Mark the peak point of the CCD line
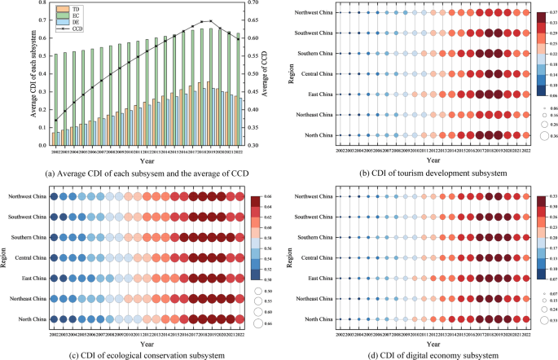211,21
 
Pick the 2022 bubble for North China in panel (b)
525,135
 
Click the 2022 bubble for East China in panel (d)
525,279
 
